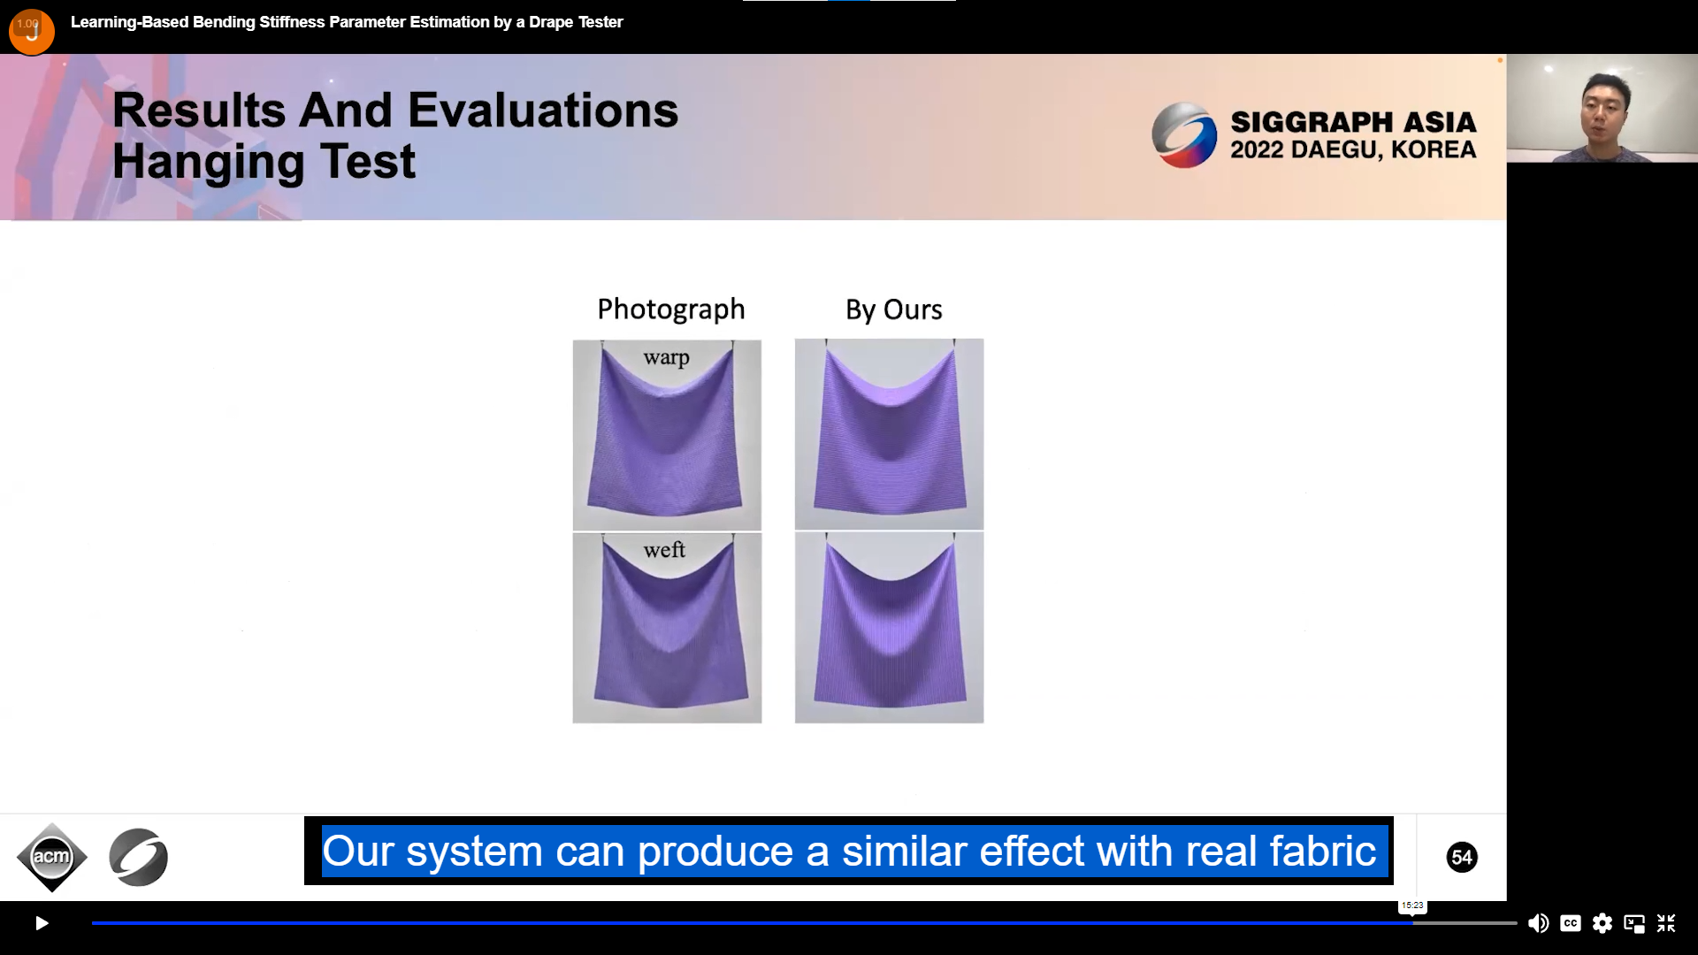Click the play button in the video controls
tap(42, 923)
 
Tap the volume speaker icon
tap(1538, 923)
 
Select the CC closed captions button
tap(1571, 923)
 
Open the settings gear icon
tap(1602, 923)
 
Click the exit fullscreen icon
tap(1666, 923)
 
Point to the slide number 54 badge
tap(1462, 857)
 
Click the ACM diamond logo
tap(52, 857)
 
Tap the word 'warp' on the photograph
tap(666, 358)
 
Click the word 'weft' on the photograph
tap(664, 550)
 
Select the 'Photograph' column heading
tap(671, 309)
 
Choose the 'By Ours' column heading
tap(893, 309)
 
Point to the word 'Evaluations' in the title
tap(542, 111)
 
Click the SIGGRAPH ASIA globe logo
tap(1184, 135)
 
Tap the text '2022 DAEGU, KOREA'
tap(1353, 149)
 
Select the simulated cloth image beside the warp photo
tap(889, 434)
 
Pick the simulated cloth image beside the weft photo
tap(889, 628)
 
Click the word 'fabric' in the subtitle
tap(1323, 851)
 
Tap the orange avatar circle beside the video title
tap(32, 32)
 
